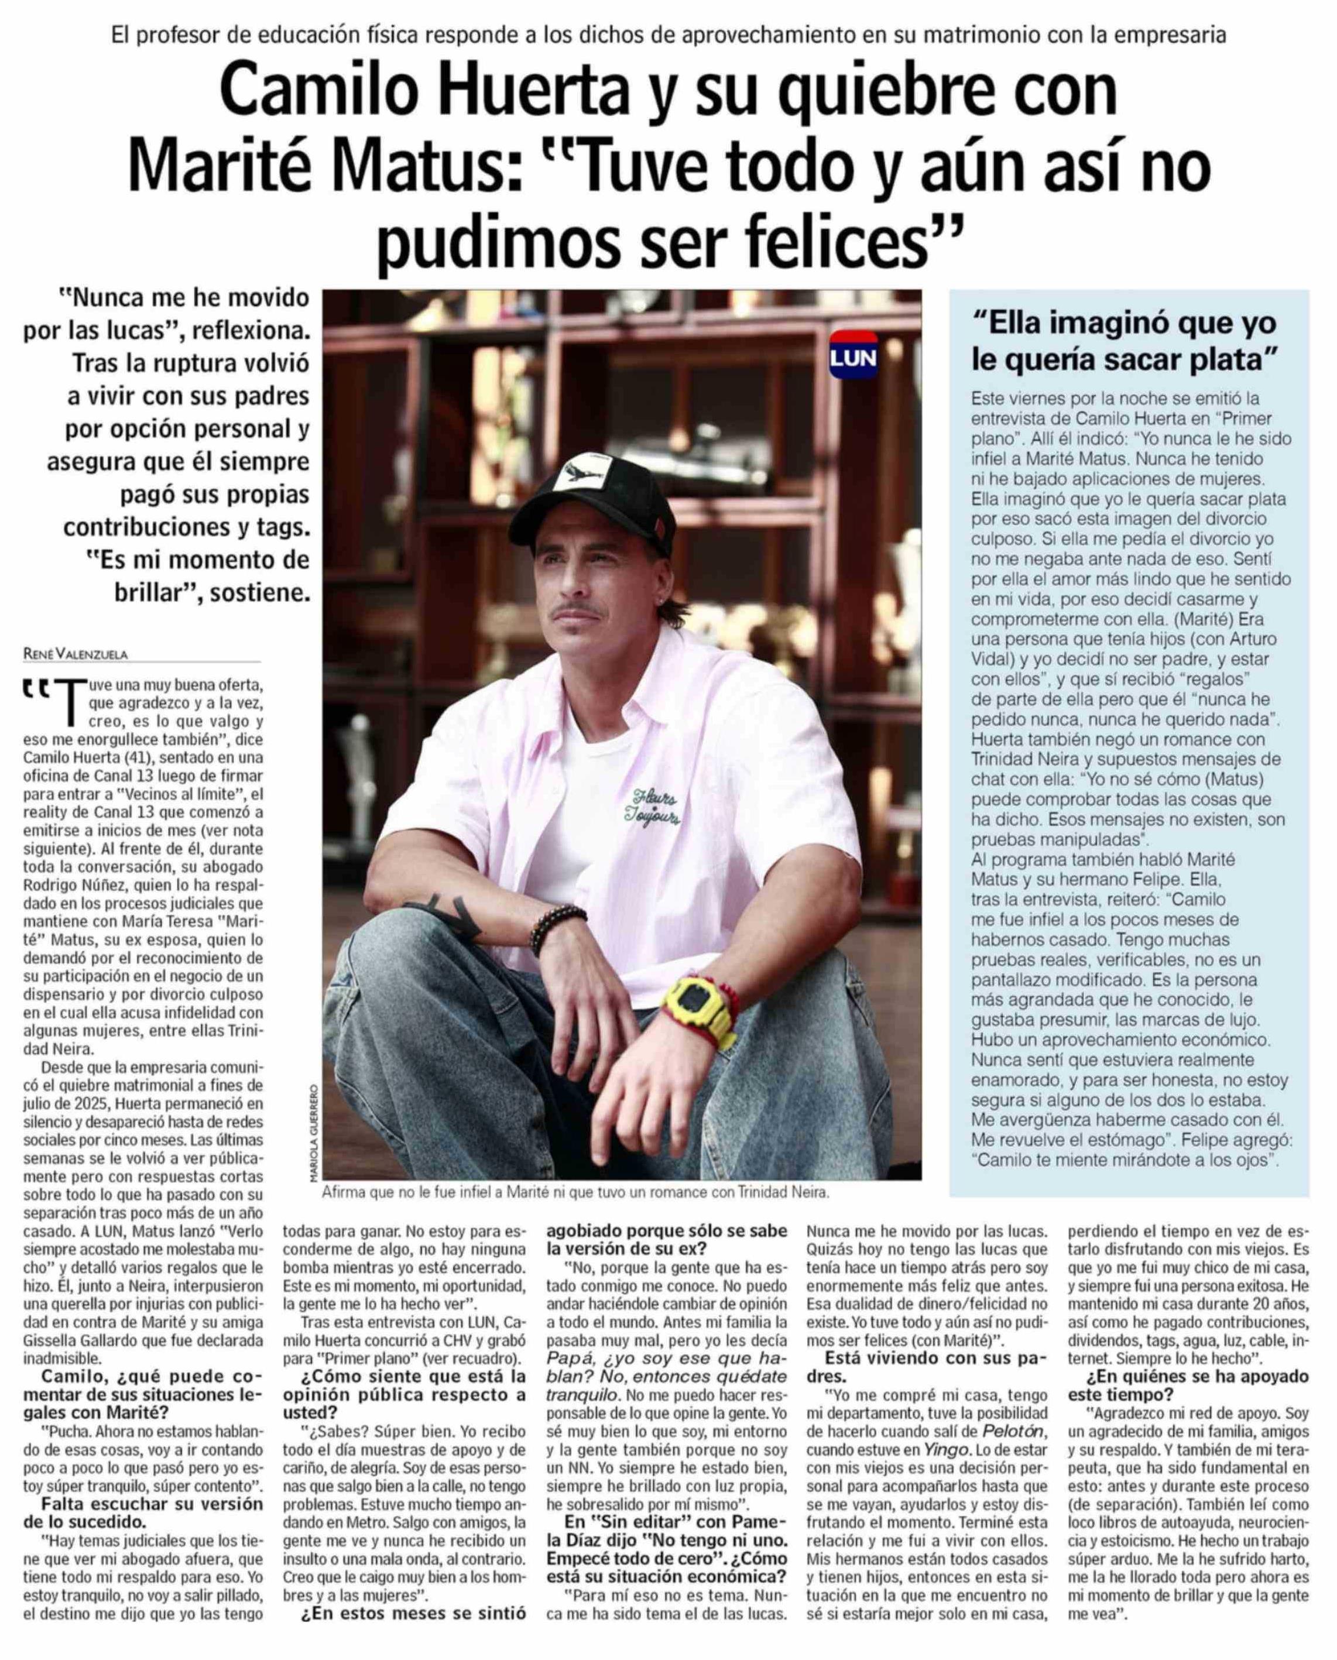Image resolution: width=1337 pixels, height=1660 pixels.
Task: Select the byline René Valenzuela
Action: (x=76, y=654)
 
